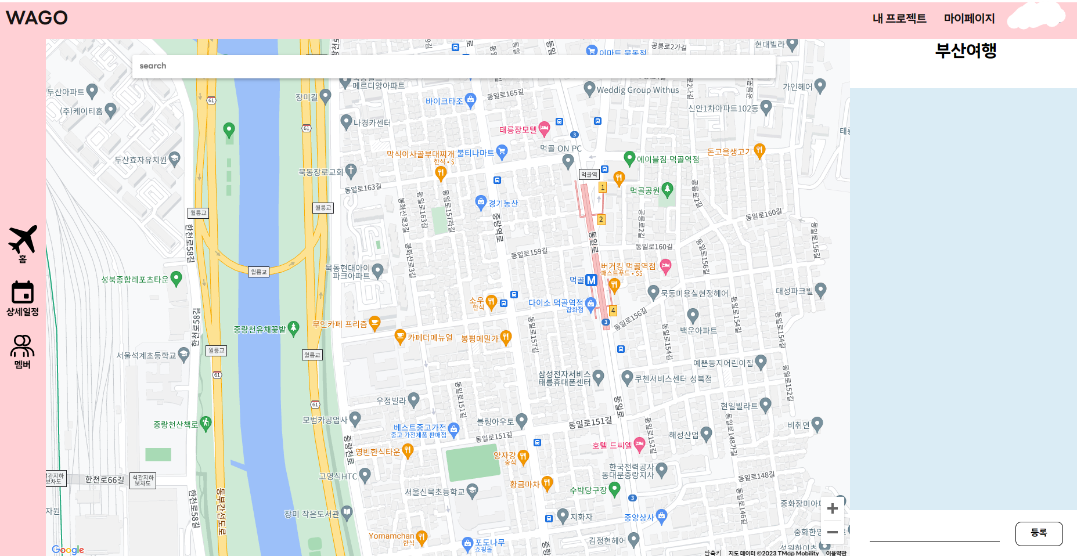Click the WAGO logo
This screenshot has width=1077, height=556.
[37, 18]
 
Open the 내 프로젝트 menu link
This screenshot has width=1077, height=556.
[899, 19]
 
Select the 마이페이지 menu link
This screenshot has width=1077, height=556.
[969, 19]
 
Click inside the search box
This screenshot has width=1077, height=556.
[453, 66]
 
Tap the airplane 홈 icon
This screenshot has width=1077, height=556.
[23, 239]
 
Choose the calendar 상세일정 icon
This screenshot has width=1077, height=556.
[23, 293]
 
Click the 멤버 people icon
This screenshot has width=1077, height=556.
[23, 346]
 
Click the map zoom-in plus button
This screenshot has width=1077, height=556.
[832, 509]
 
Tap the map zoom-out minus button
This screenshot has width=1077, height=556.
[832, 532]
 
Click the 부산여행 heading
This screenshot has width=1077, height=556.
[966, 51]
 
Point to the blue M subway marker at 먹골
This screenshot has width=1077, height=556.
[591, 280]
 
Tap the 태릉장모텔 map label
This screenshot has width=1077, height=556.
[518, 130]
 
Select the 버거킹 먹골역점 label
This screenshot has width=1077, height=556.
[628, 266]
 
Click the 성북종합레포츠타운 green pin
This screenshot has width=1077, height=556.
[177, 279]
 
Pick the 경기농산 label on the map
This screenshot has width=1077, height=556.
[503, 204]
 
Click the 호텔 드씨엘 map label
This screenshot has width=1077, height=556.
[612, 446]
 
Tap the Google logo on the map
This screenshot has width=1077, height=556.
[68, 550]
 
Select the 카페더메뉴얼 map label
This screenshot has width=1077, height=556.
[430, 338]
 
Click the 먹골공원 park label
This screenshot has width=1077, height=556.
[644, 191]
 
